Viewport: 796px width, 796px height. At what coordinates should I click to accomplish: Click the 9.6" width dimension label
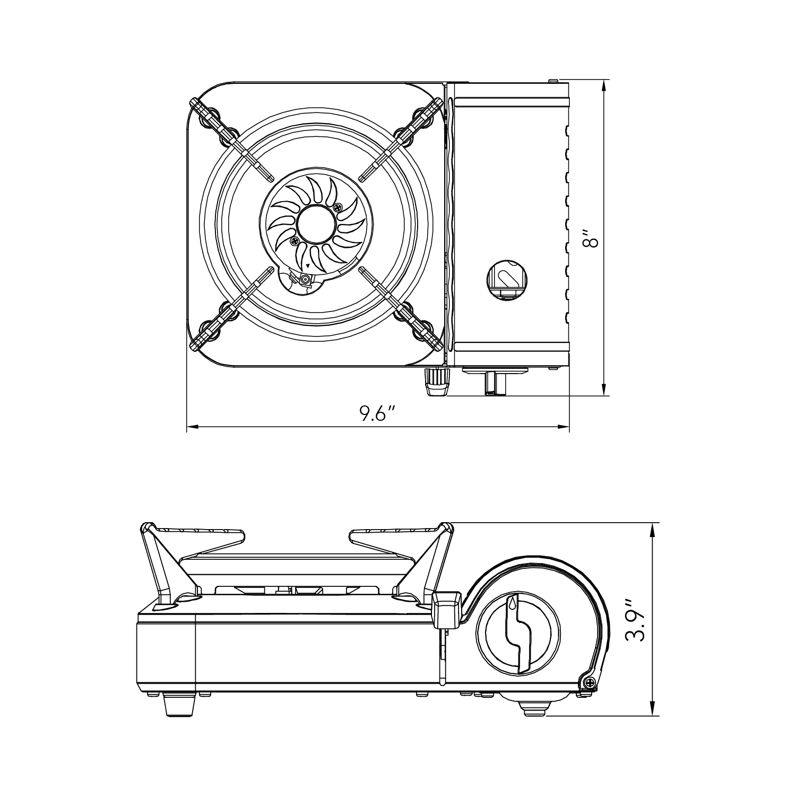point(377,413)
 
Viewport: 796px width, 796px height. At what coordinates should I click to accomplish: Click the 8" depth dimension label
point(590,238)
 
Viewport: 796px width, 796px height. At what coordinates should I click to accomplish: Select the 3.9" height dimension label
point(635,620)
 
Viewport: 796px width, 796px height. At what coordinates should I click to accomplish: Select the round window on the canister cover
point(506,279)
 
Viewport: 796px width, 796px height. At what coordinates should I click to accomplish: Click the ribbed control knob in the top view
point(437,382)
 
